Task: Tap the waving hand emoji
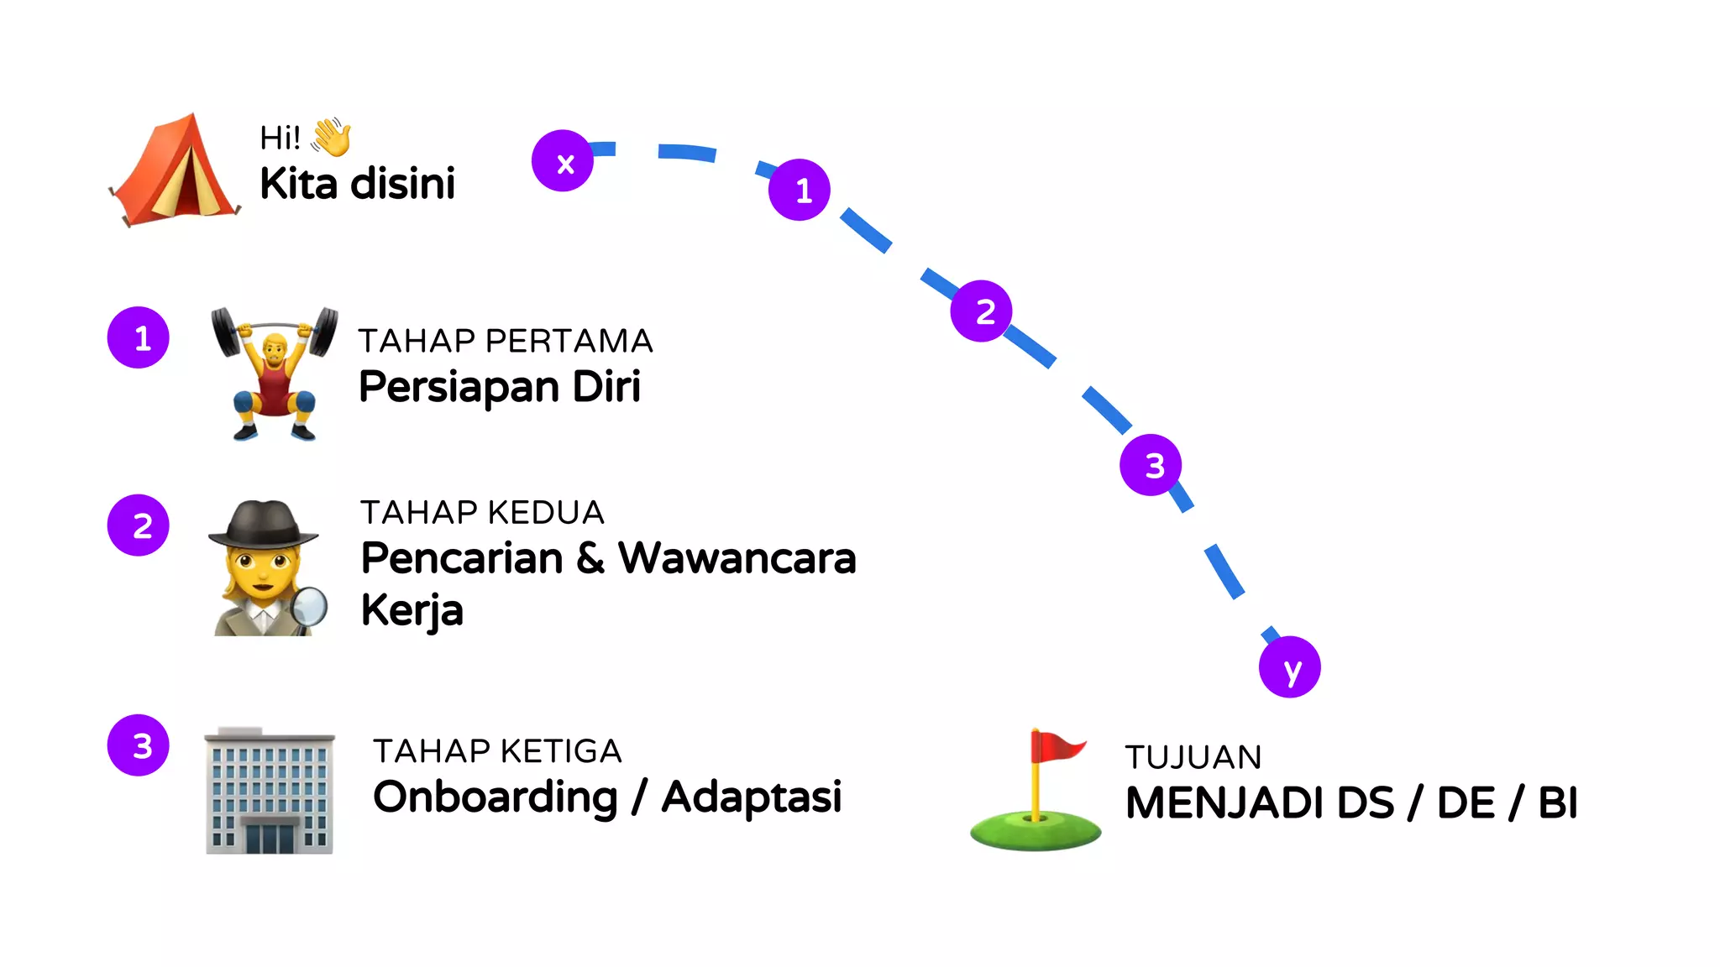coord(332,137)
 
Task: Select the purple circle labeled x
coord(563,160)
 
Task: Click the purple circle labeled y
coord(1289,666)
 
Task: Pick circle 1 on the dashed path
coord(800,190)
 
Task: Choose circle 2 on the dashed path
coord(981,311)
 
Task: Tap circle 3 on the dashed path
coord(1151,464)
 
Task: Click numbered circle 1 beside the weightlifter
coord(139,337)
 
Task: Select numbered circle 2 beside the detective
coord(139,525)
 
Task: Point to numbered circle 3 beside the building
coord(139,745)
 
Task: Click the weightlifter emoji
coord(274,374)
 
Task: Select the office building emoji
coord(270,791)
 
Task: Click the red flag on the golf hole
coord(1057,746)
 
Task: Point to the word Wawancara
coord(737,558)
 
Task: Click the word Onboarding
coord(496,797)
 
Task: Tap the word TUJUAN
coord(1193,757)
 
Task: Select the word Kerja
coord(412,610)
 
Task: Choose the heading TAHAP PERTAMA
coord(506,341)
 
